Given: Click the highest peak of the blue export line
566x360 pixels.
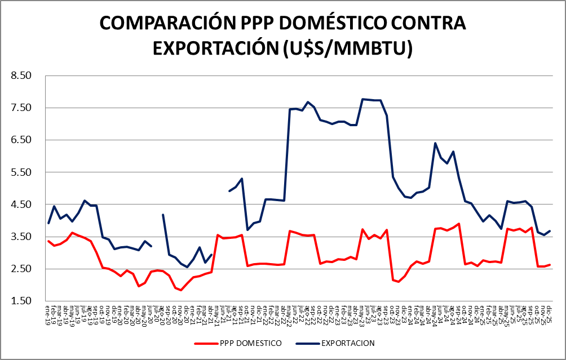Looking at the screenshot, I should pyautogui.click(x=362, y=99).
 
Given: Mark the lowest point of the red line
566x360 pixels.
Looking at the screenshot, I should pyautogui.click(x=180, y=290).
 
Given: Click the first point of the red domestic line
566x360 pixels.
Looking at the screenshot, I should pyautogui.click(x=48, y=241).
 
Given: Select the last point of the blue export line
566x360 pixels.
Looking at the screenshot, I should pyautogui.click(x=550, y=231).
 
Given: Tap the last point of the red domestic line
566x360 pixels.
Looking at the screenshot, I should pyautogui.click(x=550, y=265).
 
